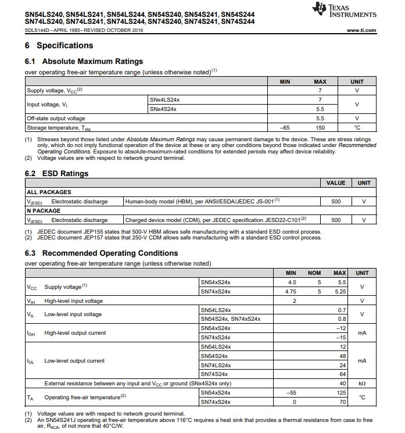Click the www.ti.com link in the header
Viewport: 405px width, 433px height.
(x=361, y=30)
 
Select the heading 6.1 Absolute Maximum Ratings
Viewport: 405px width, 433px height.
(x=84, y=61)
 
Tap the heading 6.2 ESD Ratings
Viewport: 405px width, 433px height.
(x=56, y=173)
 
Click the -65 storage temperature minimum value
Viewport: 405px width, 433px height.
(x=285, y=127)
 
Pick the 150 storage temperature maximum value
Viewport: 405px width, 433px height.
(x=320, y=127)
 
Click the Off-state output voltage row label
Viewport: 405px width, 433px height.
(x=56, y=118)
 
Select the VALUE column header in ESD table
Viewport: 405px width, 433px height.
(x=335, y=182)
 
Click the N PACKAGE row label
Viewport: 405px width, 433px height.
(x=44, y=210)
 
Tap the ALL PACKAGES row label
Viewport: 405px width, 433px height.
(x=49, y=192)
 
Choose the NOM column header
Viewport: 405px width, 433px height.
(x=314, y=273)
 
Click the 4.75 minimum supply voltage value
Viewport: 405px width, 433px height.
(x=291, y=291)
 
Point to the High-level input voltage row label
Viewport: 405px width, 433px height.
(x=73, y=300)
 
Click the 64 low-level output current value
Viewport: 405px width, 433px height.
(x=342, y=374)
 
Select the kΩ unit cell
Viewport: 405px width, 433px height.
(x=361, y=384)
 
